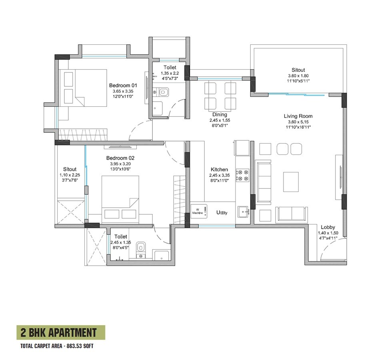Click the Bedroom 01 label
[123, 86]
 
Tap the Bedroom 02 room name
[120, 158]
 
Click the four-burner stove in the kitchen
[242, 175]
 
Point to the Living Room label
[298, 116]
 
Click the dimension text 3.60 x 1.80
[298, 76]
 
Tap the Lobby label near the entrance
[327, 227]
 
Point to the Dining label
[220, 114]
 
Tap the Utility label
[222, 213]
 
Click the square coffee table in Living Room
[291, 182]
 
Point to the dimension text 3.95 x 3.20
[120, 164]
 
